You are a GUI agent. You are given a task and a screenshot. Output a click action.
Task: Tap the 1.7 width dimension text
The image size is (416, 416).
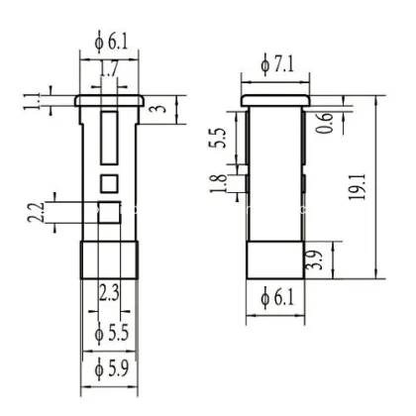109,70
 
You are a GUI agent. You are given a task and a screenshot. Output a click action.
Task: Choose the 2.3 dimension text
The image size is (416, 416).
110,292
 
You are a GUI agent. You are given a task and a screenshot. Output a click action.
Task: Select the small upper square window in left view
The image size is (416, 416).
109,182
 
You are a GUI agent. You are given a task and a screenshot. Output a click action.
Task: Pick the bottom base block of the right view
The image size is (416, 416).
273,261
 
